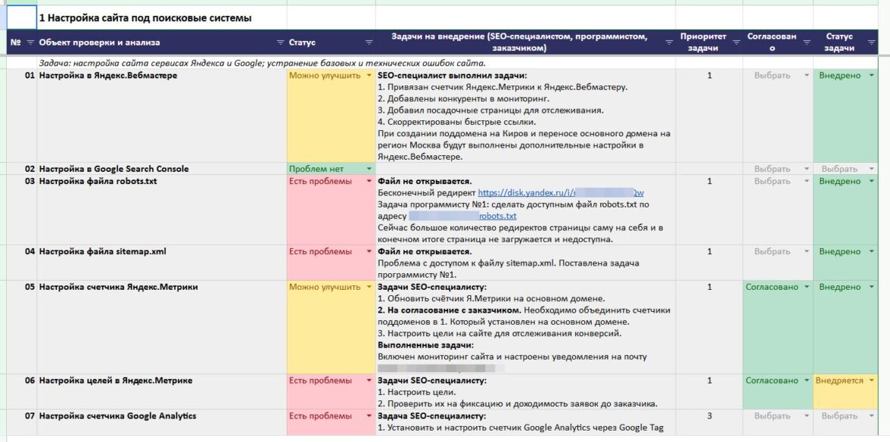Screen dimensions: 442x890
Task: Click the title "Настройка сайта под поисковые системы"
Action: pos(145,17)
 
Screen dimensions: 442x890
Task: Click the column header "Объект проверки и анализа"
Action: pos(99,42)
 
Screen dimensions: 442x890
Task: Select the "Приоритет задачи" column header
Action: pos(703,42)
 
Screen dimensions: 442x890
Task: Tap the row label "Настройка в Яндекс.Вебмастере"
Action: pos(108,76)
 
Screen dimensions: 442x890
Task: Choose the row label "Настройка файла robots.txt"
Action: pos(98,182)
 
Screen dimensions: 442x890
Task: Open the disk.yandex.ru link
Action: pos(560,193)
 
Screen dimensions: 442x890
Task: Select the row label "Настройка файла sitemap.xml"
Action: pos(102,251)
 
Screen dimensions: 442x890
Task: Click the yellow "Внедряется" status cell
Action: pos(839,381)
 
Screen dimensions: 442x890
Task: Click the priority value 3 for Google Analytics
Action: pos(709,416)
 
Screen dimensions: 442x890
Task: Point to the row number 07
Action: pos(30,416)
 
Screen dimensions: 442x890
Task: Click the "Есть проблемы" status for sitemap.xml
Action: pos(320,251)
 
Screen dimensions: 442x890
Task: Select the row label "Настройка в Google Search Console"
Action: pos(114,169)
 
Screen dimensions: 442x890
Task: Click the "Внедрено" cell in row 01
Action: pos(839,76)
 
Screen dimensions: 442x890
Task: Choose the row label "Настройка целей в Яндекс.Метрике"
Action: pos(115,381)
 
